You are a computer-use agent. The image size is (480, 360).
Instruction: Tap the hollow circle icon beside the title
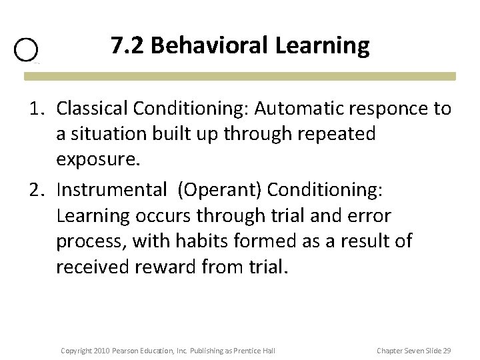click(x=26, y=50)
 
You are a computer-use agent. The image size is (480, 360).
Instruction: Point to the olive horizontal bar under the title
click(x=240, y=77)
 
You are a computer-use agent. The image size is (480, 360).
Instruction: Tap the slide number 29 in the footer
click(x=446, y=350)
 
